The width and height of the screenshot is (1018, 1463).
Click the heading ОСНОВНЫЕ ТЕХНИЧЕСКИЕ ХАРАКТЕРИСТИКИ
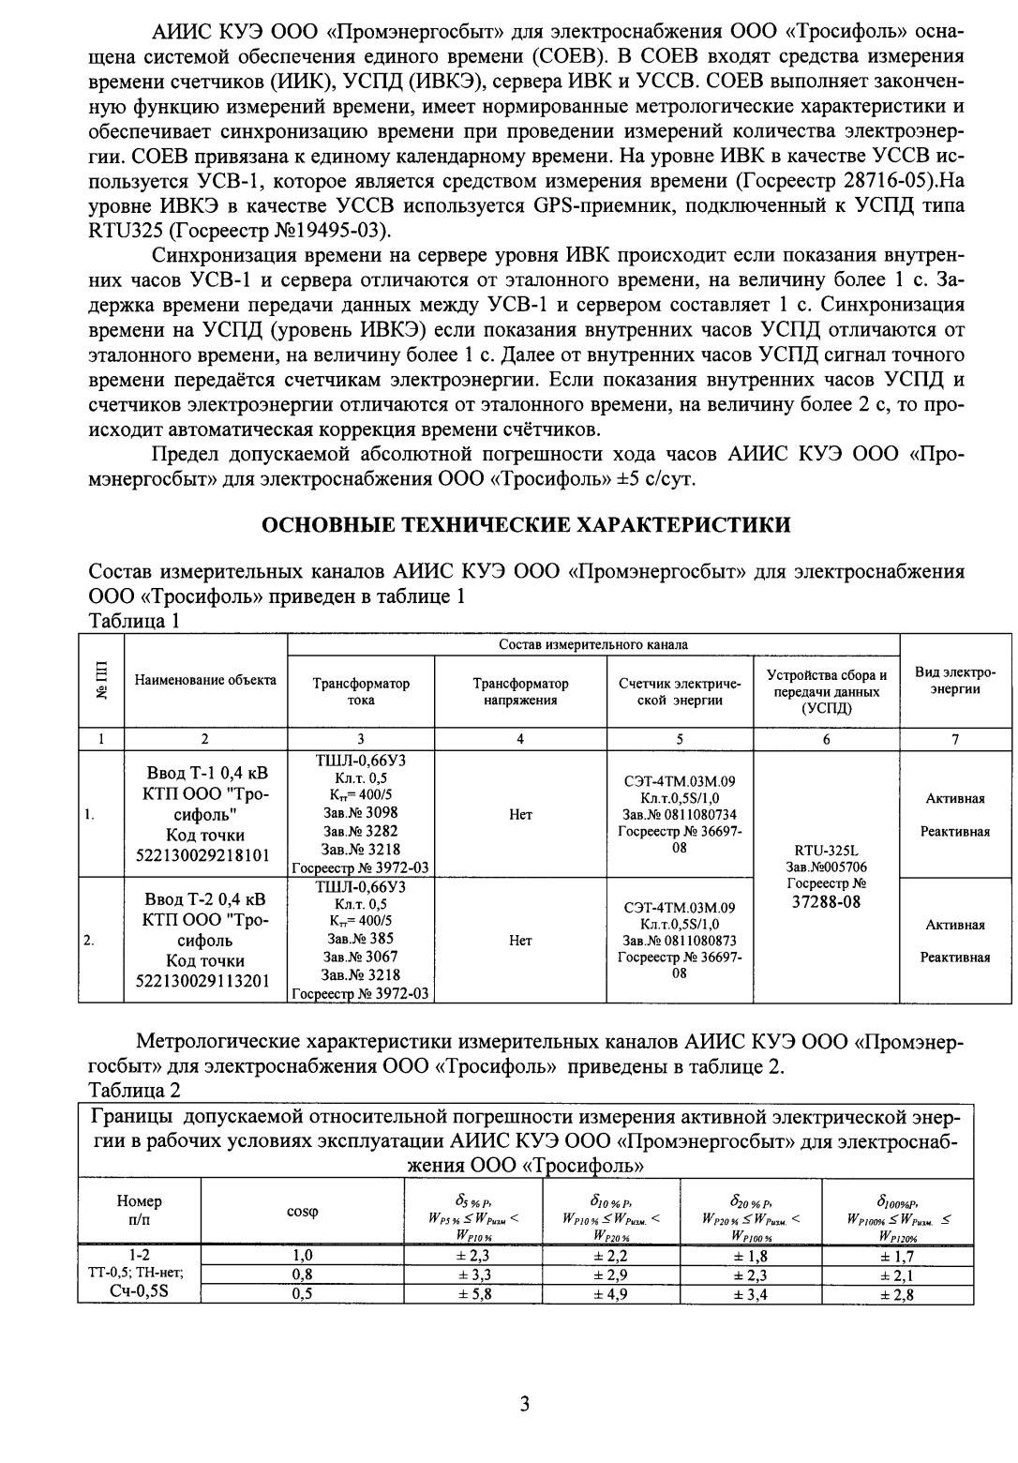coord(525,524)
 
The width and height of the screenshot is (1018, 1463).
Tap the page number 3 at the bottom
coord(524,1404)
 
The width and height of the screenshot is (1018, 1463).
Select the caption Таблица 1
coord(133,621)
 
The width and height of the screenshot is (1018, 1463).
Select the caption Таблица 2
coord(134,1090)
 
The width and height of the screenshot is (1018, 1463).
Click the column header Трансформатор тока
coord(360,691)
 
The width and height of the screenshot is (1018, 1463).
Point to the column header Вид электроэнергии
coord(954,682)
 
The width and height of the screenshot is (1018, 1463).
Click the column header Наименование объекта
coord(205,680)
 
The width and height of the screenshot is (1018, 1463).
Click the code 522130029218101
coord(205,855)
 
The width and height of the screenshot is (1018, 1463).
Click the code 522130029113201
coord(205,981)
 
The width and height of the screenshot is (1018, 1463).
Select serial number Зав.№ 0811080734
coord(680,814)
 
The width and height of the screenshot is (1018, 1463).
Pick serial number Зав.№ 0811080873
coord(680,941)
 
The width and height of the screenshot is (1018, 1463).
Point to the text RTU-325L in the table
coord(825,852)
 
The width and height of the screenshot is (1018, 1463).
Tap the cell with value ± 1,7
coord(897,1257)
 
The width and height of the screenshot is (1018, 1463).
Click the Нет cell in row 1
coord(520,814)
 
